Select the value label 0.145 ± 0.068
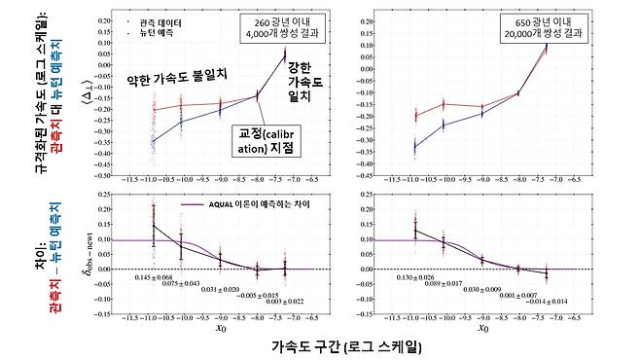154,277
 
